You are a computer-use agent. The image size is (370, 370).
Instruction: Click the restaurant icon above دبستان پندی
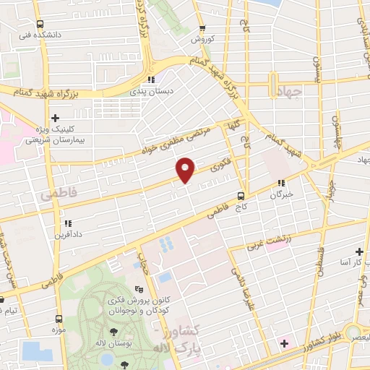pyautogui.click(x=151, y=79)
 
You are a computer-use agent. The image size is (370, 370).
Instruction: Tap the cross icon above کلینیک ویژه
pyautogui.click(x=56, y=118)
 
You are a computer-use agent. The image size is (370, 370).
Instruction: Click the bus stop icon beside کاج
pyautogui.click(x=241, y=195)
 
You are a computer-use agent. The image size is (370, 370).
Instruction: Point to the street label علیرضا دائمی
pyautogui.click(x=239, y=287)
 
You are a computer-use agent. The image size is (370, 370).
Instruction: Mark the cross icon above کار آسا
pyautogui.click(x=358, y=251)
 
